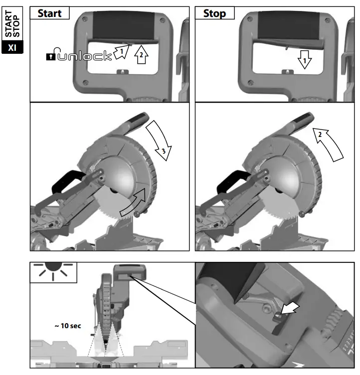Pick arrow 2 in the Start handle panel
pyautogui.click(x=142, y=56)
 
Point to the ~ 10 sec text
pyautogui.click(x=67, y=326)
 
